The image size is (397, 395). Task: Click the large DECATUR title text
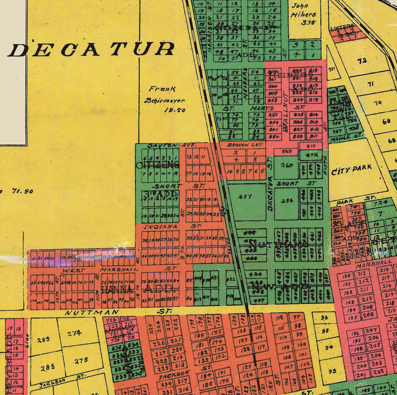[91, 49]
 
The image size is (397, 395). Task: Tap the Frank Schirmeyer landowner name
[164, 94]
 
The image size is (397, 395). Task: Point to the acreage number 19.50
[174, 110]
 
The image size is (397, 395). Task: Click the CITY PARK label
[352, 169]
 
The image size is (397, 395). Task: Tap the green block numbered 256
[287, 201]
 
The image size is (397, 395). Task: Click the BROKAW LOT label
[241, 145]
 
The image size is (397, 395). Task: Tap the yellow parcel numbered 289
[43, 340]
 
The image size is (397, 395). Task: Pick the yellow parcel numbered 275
[81, 360]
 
